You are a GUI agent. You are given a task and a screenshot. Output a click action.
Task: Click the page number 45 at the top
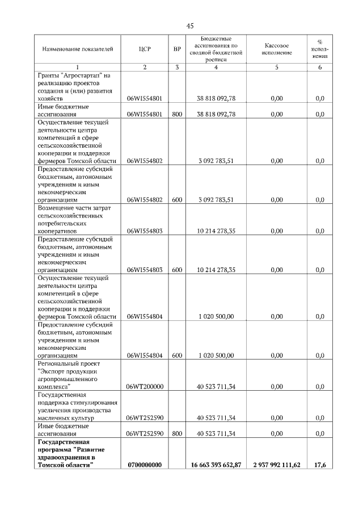(190, 26)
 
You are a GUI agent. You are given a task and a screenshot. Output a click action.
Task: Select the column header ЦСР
(145, 50)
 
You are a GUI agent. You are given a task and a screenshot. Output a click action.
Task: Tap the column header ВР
(177, 50)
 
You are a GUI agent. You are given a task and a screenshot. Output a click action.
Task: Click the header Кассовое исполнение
(277, 49)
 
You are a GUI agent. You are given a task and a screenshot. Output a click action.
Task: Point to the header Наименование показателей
(74, 50)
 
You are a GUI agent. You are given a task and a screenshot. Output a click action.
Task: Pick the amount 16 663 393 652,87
(216, 465)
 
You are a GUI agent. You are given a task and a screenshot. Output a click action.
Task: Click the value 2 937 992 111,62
(277, 465)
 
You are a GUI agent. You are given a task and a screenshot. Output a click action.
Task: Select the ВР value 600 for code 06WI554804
(177, 356)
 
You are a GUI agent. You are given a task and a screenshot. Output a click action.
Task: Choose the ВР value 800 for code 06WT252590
(177, 433)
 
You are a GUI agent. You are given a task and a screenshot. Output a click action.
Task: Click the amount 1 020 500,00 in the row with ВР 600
(216, 356)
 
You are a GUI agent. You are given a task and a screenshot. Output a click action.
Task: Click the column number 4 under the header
(216, 68)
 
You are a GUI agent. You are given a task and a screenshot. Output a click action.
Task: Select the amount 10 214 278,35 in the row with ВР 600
(216, 270)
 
